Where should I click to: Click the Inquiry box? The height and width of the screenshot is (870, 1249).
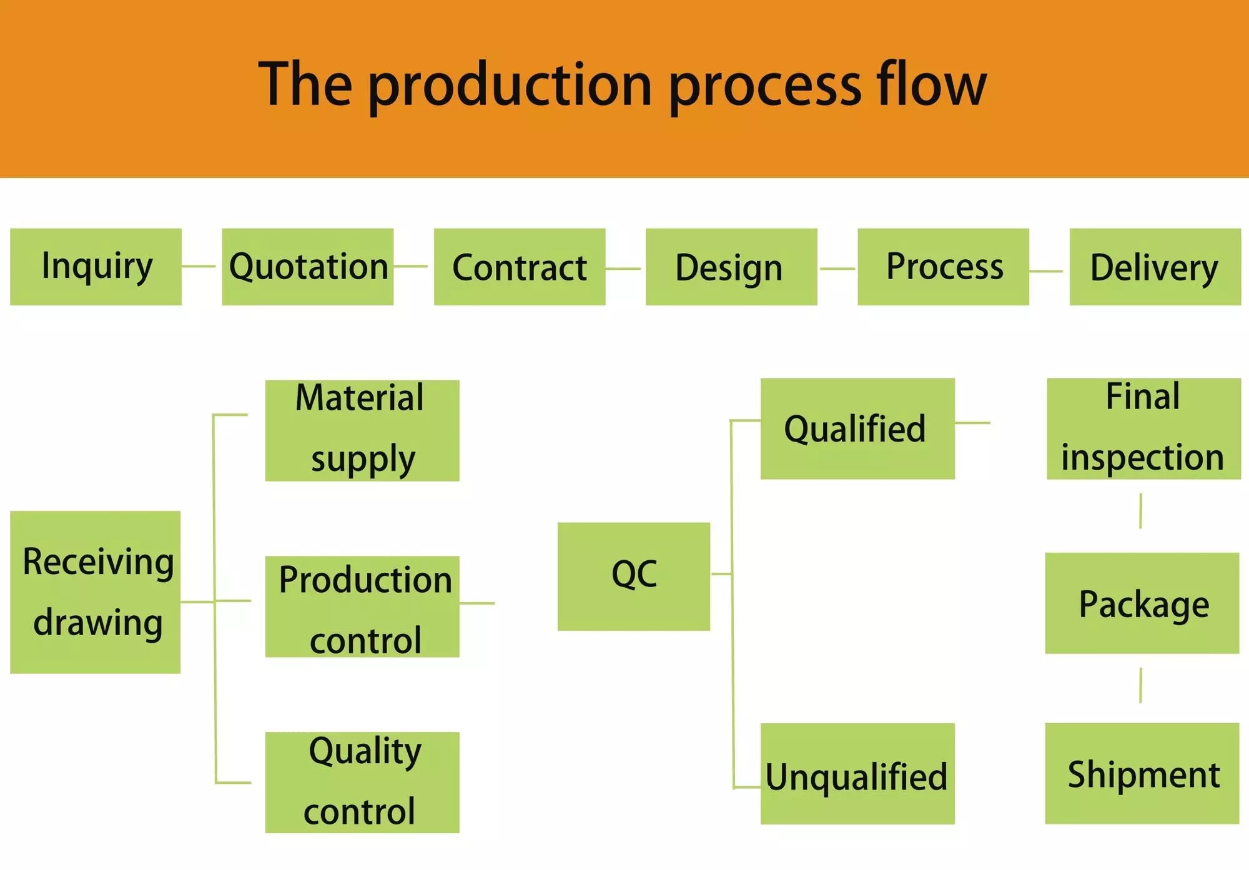pyautogui.click(x=96, y=267)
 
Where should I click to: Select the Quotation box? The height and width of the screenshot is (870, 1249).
pyautogui.click(x=308, y=267)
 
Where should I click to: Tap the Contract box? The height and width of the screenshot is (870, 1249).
pyautogui.click(x=520, y=267)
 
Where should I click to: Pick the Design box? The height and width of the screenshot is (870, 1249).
pyautogui.click(x=731, y=267)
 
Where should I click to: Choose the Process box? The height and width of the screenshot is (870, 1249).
pyautogui.click(x=943, y=267)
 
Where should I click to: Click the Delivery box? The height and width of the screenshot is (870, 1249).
pyautogui.click(x=1155, y=267)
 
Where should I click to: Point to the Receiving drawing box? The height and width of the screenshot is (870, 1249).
pyautogui.click(x=96, y=592)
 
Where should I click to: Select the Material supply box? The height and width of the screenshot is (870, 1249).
pyautogui.click(x=362, y=430)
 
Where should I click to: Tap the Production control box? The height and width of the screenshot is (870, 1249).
pyautogui.click(x=362, y=606)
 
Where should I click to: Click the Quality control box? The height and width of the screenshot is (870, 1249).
pyautogui.click(x=362, y=783)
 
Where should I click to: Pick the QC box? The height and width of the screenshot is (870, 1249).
pyautogui.click(x=634, y=576)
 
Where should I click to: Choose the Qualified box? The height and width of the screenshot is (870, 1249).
pyautogui.click(x=857, y=428)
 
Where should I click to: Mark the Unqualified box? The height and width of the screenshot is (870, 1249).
pyautogui.click(x=857, y=774)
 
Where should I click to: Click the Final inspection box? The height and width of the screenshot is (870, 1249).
pyautogui.click(x=1143, y=428)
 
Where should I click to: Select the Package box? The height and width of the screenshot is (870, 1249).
pyautogui.click(x=1142, y=603)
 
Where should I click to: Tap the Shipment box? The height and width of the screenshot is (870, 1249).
pyautogui.click(x=1142, y=774)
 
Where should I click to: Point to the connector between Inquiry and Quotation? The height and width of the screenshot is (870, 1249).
pyautogui.click(x=199, y=266)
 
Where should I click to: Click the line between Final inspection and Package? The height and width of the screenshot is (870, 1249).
pyautogui.click(x=1141, y=511)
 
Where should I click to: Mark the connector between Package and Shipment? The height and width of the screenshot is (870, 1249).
pyautogui.click(x=1141, y=685)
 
